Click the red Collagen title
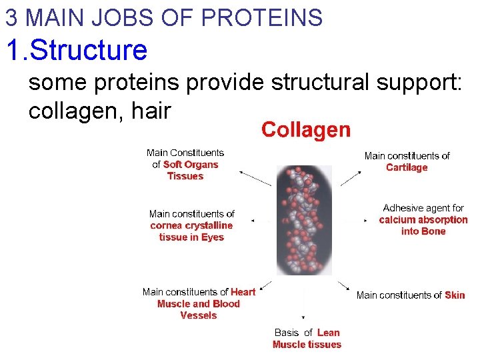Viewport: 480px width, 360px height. pyautogui.click(x=305, y=129)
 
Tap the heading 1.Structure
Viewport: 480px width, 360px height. pyautogui.click(x=77, y=50)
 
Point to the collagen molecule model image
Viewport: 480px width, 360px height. pyautogui.click(x=304, y=219)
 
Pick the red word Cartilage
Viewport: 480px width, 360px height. pyautogui.click(x=407, y=167)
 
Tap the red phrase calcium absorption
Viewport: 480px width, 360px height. pyautogui.click(x=423, y=219)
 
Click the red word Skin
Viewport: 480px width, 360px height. pyautogui.click(x=455, y=295)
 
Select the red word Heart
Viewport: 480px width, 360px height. pyautogui.click(x=243, y=291)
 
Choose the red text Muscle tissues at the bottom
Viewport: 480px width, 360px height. pyautogui.click(x=307, y=345)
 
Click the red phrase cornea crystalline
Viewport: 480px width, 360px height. pyautogui.click(x=191, y=225)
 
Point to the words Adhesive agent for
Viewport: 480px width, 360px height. pyautogui.click(x=423, y=208)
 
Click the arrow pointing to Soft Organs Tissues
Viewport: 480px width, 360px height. pyautogui.click(x=255, y=178)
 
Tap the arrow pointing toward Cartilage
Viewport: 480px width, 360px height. pyautogui.click(x=351, y=177)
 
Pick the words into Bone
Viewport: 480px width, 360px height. pyautogui.click(x=423, y=231)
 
